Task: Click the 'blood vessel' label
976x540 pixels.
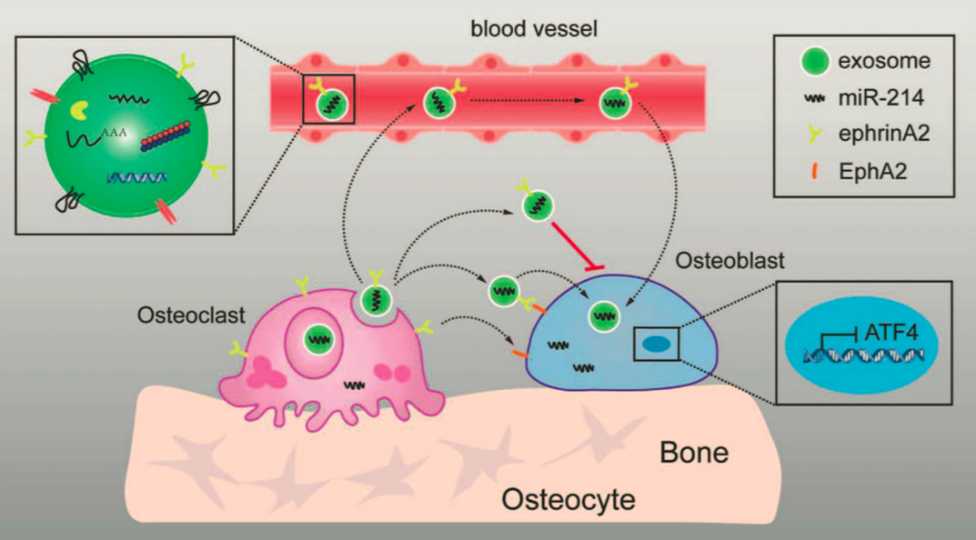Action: pyautogui.click(x=534, y=28)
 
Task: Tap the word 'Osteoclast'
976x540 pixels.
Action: pyautogui.click(x=191, y=315)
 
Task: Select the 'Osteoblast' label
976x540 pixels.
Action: pyautogui.click(x=730, y=261)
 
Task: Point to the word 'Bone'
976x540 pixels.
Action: pyautogui.click(x=694, y=453)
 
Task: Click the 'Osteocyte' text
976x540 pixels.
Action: pyautogui.click(x=568, y=500)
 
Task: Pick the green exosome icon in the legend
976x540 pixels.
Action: pyautogui.click(x=814, y=61)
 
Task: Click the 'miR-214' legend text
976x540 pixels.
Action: pyautogui.click(x=880, y=97)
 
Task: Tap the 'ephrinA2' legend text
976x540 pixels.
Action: pyautogui.click(x=884, y=134)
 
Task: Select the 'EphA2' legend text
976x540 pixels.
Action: pyautogui.click(x=872, y=171)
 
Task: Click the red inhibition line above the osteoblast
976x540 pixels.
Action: pyautogui.click(x=577, y=246)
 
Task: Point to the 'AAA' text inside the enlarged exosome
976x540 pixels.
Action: pyautogui.click(x=114, y=133)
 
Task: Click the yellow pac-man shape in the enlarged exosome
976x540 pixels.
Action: pyautogui.click(x=79, y=111)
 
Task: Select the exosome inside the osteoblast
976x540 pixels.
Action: pyautogui.click(x=604, y=315)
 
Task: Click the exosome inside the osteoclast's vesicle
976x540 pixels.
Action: pyautogui.click(x=319, y=340)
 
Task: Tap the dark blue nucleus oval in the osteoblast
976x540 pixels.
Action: pyautogui.click(x=656, y=344)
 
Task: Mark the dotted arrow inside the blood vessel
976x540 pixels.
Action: pyautogui.click(x=528, y=101)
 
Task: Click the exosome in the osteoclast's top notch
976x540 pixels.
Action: pyautogui.click(x=376, y=299)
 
